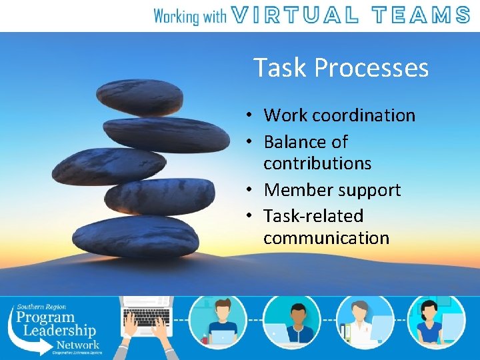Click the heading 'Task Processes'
[x=341, y=68]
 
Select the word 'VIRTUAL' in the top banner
[x=299, y=15]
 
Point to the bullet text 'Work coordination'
[x=339, y=115]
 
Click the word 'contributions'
[x=317, y=163]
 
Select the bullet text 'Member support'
[x=332, y=190]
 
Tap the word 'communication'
[x=326, y=238]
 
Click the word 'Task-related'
[x=313, y=216]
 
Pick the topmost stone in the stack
[x=140, y=97]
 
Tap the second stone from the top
[x=157, y=133]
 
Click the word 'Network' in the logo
[x=77, y=345]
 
